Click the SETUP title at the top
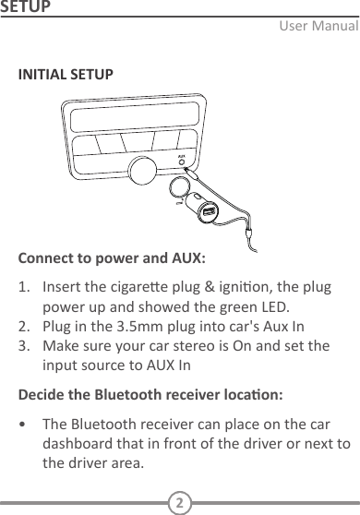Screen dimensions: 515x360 tap(25, 8)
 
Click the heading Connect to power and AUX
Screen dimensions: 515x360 tap(113, 256)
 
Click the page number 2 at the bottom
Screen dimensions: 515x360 tap(180, 503)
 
